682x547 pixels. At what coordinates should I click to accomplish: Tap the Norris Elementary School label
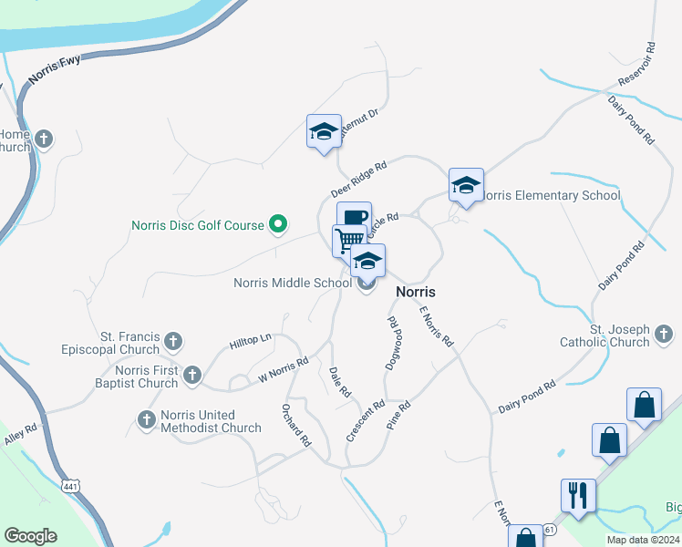(x=551, y=195)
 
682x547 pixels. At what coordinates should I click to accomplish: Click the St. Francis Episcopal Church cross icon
(x=174, y=342)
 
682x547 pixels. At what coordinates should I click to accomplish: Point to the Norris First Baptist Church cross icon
(x=192, y=374)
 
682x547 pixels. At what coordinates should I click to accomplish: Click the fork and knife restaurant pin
(x=578, y=496)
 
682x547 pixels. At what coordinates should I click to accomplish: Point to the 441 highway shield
(x=71, y=486)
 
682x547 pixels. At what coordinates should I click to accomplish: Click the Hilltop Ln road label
(x=251, y=339)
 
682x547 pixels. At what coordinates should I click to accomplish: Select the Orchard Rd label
(x=297, y=424)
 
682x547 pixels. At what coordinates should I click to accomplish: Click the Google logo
(x=30, y=536)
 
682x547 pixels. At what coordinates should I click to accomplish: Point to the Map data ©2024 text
(x=642, y=540)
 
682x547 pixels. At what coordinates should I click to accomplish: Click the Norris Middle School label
(x=293, y=283)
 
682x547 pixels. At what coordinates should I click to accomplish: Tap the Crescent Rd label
(x=365, y=420)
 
